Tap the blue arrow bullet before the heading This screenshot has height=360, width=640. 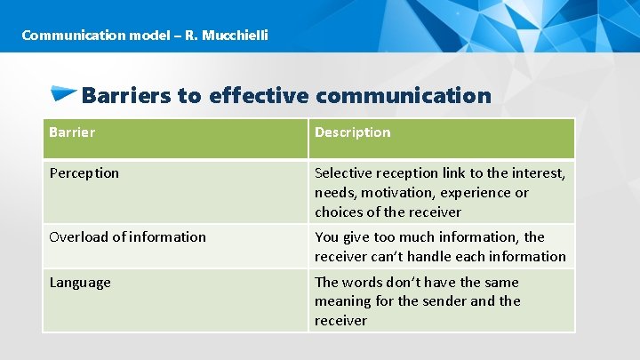[63, 92]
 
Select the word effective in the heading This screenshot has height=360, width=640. [259, 95]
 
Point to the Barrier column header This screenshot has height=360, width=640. [72, 132]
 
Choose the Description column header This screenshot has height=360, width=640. [352, 132]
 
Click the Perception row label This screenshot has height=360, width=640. [84, 173]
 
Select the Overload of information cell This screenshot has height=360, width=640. [127, 237]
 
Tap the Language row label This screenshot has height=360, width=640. [80, 283]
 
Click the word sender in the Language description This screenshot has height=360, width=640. [444, 301]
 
